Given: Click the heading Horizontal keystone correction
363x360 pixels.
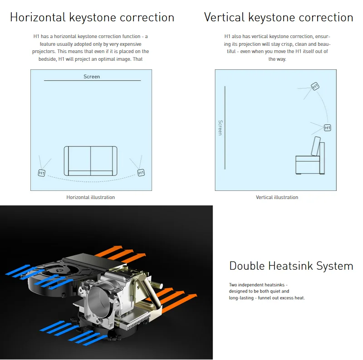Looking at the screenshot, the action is click(92, 18).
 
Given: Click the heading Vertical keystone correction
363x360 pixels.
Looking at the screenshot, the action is click(279, 18).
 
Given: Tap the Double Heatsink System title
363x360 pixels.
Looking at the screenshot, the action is click(291, 266).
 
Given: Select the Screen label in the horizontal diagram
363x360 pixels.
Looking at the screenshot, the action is click(92, 77).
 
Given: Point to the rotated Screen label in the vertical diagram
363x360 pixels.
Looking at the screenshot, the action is click(220, 127).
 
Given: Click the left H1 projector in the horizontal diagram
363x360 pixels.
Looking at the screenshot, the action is click(42, 173).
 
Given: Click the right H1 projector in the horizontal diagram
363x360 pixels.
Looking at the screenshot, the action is click(141, 173).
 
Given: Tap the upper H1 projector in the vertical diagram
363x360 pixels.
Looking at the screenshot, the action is click(315, 86).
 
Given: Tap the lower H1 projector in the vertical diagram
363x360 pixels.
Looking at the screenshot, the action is click(327, 128).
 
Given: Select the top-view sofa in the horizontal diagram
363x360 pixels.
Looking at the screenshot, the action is click(91, 161).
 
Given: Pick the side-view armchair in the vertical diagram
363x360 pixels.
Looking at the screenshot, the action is click(310, 159).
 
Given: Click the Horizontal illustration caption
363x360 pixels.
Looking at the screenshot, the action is click(91, 197).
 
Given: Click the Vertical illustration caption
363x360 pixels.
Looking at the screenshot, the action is click(277, 197).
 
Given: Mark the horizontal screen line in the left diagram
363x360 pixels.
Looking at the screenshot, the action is click(92, 81).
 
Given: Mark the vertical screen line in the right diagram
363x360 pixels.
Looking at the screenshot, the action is click(225, 127).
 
